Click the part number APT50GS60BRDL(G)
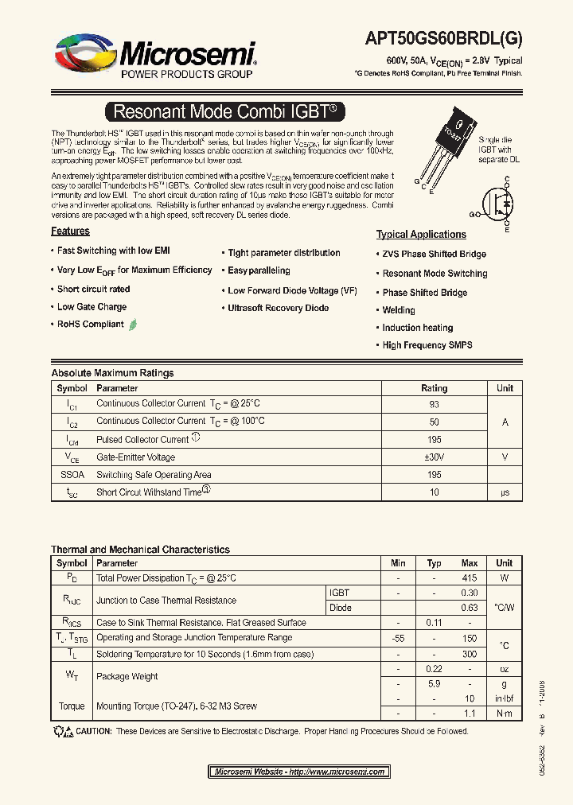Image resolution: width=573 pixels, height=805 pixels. tap(443, 37)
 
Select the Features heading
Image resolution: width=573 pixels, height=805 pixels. tap(71, 231)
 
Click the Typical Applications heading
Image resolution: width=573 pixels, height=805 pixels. tap(421, 235)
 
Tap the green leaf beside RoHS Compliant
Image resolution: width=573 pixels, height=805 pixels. tap(133, 325)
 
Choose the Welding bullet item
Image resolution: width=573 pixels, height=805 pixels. tap(399, 310)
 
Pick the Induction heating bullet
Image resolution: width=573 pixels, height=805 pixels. tap(417, 328)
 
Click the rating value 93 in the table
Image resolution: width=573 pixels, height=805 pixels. tap(434, 404)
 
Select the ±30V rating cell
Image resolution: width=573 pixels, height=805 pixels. tap(434, 457)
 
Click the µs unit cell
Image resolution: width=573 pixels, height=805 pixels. tap(505, 492)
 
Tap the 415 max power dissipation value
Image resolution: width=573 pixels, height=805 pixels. tap(470, 578)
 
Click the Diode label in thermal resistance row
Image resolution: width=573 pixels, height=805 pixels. tap(340, 608)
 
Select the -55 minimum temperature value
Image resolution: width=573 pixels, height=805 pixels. tap(399, 638)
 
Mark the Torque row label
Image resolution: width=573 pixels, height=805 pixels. tap(72, 706)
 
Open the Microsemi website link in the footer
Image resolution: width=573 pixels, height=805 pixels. tap(299, 772)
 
